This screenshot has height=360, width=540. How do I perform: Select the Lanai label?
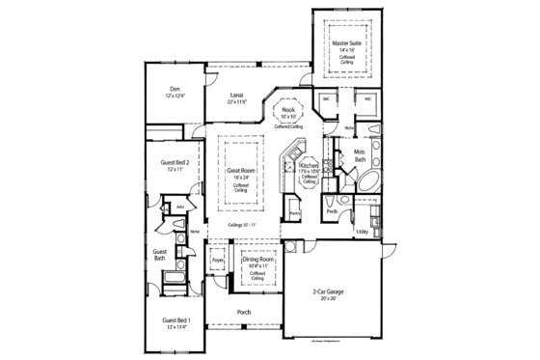tap(236, 95)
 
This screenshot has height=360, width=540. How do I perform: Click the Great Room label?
tap(240, 171)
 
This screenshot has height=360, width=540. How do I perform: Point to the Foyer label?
tap(218, 259)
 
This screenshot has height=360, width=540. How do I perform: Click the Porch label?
tap(245, 314)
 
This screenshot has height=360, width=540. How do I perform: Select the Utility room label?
tap(363, 232)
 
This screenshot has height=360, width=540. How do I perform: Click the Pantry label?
tap(295, 212)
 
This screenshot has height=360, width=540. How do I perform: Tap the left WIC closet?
tap(327, 98)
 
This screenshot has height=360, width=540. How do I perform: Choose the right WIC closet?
tap(367, 98)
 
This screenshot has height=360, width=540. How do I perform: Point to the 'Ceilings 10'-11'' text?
tap(241, 225)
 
